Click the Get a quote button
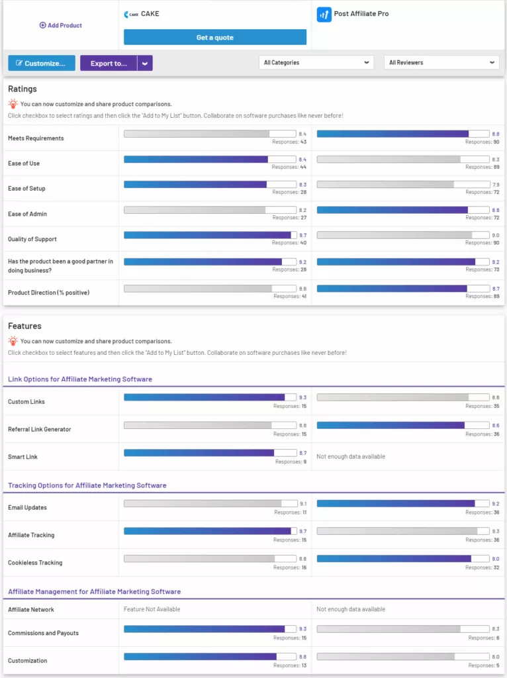[x=215, y=38]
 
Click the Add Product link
[x=61, y=25]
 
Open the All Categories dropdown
[x=316, y=63]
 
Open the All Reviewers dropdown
[x=441, y=63]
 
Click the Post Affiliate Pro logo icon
[x=324, y=15]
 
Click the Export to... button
[x=109, y=64]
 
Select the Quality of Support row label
[x=32, y=239]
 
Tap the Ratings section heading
[x=23, y=89]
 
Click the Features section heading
[x=24, y=326]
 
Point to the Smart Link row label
[x=23, y=457]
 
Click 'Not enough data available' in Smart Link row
[x=351, y=457]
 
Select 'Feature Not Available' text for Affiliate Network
[x=152, y=609]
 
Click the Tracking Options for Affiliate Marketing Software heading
[x=87, y=485]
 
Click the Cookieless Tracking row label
[x=35, y=563]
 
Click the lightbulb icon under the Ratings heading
[x=13, y=104]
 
